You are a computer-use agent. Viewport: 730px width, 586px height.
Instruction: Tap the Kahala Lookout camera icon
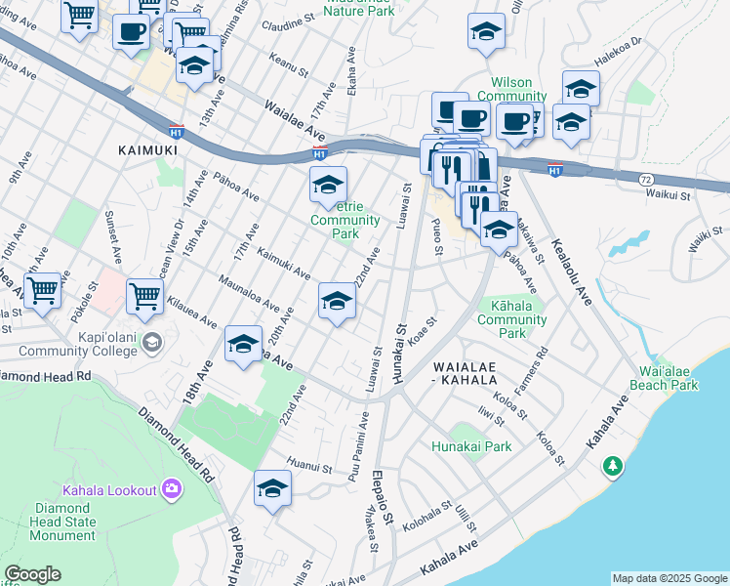(x=172, y=487)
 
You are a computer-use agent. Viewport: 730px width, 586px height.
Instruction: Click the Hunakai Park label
(x=471, y=446)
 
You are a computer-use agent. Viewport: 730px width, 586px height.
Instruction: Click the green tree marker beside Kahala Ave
(x=613, y=468)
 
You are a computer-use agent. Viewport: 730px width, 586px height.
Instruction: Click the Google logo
(x=32, y=574)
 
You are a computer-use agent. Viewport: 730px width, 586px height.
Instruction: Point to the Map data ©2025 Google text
(x=669, y=578)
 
